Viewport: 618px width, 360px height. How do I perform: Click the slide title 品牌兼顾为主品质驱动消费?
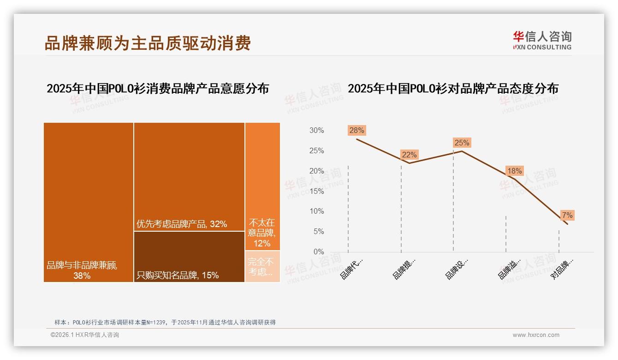[x=148, y=43]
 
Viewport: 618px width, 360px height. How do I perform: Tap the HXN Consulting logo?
[x=542, y=41]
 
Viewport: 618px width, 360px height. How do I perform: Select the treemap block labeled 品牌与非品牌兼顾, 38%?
[x=89, y=202]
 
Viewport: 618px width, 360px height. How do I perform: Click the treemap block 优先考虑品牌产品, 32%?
[x=189, y=177]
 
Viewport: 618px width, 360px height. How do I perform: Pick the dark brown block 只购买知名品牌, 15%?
[x=189, y=257]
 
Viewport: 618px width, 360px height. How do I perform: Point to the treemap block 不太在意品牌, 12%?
[x=262, y=186]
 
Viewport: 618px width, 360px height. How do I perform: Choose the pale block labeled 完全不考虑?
[x=262, y=266]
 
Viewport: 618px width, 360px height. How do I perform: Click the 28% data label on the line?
[x=357, y=130]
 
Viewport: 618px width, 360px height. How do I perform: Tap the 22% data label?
[x=409, y=155]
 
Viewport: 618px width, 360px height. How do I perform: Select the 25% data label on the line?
[x=462, y=143]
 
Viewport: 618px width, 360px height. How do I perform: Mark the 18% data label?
[x=514, y=171]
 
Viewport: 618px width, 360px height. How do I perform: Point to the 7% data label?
[x=567, y=215]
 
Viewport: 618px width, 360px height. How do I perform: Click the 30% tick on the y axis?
[x=316, y=131]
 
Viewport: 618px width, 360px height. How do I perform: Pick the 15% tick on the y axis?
[x=316, y=191]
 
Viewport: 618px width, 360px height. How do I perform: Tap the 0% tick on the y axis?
[x=318, y=252]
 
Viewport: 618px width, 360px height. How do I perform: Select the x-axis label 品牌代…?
[x=351, y=269]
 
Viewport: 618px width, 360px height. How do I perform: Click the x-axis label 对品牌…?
[x=562, y=269]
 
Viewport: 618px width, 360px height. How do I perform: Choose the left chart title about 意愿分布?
[x=158, y=88]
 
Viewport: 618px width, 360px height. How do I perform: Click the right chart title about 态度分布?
[x=453, y=88]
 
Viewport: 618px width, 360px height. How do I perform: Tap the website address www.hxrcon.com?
[x=536, y=335]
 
